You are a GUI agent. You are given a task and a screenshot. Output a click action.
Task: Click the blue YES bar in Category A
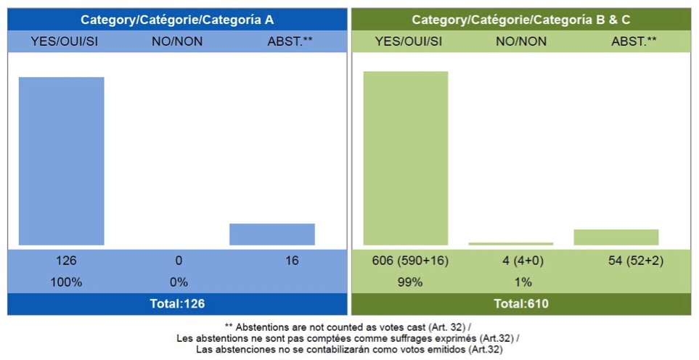(x=61, y=161)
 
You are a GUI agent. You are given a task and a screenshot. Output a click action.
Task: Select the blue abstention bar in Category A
(x=272, y=234)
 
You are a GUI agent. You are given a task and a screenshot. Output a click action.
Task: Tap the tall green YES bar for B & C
(x=406, y=158)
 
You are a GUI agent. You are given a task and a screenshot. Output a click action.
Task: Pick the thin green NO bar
(x=511, y=244)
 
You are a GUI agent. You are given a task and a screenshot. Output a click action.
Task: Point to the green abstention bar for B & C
(x=616, y=237)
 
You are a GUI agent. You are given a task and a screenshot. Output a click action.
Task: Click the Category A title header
(x=177, y=20)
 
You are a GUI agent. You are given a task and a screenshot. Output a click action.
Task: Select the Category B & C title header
(x=521, y=20)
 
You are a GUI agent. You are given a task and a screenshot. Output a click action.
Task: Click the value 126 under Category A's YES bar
(x=66, y=261)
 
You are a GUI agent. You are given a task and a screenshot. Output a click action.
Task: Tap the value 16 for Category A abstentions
(x=291, y=261)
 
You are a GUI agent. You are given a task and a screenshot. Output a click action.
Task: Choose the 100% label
(x=66, y=282)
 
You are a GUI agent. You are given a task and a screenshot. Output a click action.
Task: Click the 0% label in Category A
(x=179, y=282)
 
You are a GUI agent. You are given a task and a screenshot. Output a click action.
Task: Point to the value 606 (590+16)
(x=410, y=261)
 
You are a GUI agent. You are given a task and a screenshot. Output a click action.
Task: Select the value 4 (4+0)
(x=521, y=261)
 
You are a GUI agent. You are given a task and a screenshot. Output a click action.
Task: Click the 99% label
(x=410, y=282)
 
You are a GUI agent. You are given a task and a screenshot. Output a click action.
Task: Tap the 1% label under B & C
(x=521, y=282)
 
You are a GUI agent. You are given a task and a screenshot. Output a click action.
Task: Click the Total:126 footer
(x=177, y=304)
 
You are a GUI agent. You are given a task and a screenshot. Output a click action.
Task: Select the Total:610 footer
(x=521, y=304)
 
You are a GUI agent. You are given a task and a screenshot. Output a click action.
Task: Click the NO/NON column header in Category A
(x=177, y=41)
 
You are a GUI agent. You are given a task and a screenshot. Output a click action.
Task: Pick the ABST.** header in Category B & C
(x=634, y=41)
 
